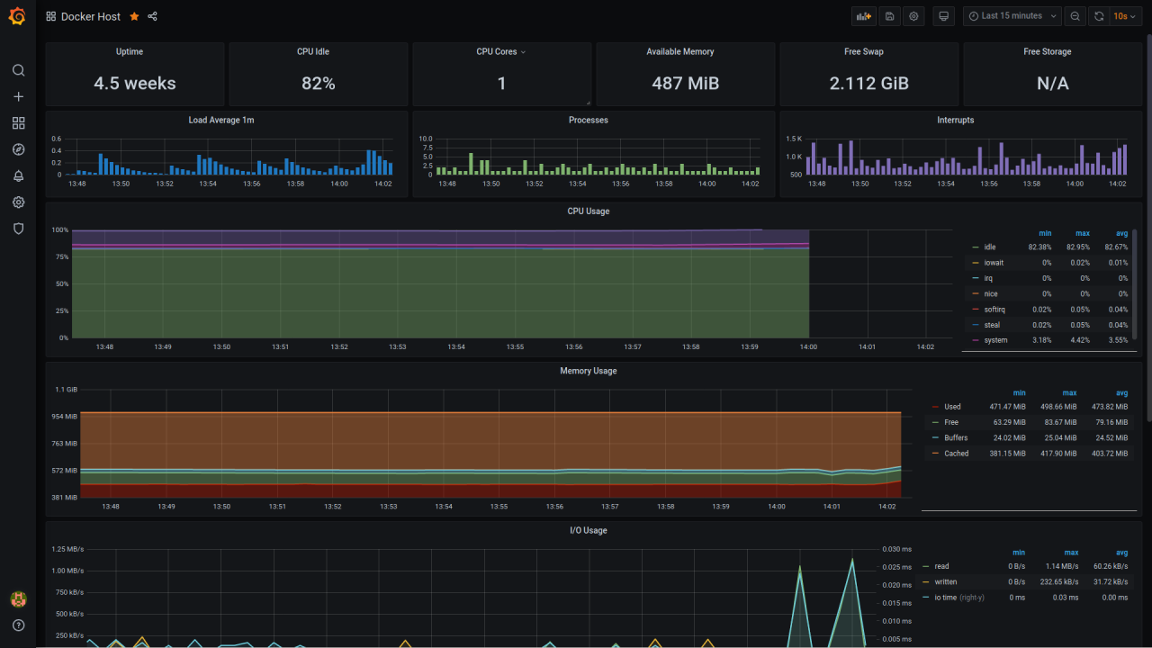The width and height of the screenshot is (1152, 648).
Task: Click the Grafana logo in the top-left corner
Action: point(17,16)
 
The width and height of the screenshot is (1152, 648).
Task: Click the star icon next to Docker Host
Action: point(134,16)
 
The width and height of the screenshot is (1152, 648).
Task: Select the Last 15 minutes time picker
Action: point(1011,16)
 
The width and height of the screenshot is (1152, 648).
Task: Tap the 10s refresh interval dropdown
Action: point(1124,16)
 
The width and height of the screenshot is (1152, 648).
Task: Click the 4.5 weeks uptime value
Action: point(135,84)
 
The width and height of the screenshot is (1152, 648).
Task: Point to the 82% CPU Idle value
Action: point(318,84)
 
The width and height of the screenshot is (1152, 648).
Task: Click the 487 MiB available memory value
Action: point(685,84)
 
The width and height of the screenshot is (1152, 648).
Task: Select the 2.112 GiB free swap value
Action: point(868,84)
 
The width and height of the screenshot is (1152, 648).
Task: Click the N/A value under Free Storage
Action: point(1052,84)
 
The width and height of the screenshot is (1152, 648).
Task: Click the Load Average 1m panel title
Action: point(228,120)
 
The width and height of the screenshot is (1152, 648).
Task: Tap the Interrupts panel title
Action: point(955,120)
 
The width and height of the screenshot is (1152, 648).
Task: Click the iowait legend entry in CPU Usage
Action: point(994,263)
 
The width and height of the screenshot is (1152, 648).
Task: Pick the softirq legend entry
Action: point(994,310)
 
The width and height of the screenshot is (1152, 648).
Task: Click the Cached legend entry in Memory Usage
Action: point(956,454)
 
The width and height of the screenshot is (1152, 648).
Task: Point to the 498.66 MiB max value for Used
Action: point(1057,407)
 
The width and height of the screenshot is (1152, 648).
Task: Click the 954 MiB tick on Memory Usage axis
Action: point(65,417)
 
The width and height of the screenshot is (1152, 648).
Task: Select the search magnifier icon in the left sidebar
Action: point(18,70)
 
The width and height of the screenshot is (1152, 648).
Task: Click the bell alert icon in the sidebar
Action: point(18,175)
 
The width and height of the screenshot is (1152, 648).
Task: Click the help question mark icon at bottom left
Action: point(18,625)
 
